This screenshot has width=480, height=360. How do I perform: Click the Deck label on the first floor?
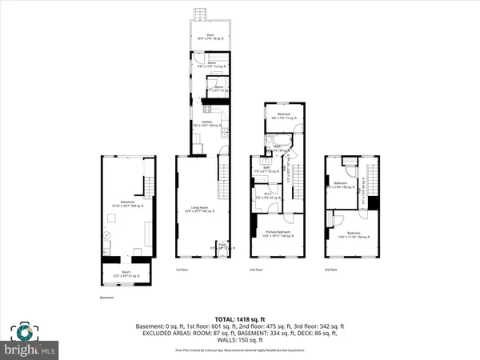[210, 37]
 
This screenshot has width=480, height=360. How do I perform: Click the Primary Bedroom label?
[278, 233]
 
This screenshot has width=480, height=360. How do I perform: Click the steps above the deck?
[200, 16]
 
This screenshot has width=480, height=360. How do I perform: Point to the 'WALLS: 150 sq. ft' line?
[240, 341]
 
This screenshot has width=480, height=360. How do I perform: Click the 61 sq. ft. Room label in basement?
[120, 276]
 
